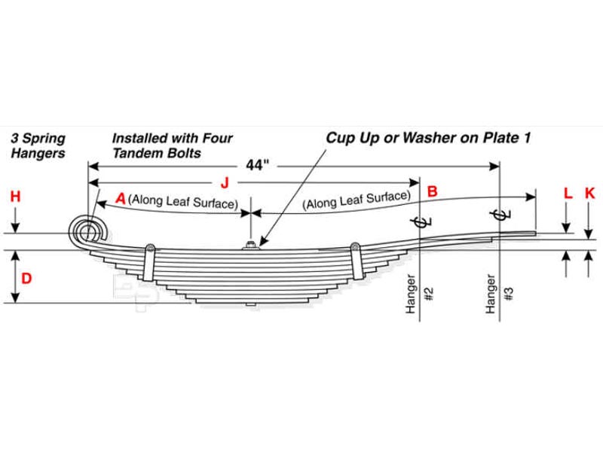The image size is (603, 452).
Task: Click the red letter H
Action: tap(15, 197)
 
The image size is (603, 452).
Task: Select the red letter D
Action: tap(26, 278)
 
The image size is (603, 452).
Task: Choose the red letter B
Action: tap(432, 191)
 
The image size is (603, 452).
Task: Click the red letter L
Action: tap(568, 193)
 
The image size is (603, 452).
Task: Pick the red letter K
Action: tap(589, 193)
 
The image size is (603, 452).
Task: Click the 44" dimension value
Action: tap(257, 165)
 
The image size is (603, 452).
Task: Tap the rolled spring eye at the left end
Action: tap(88, 230)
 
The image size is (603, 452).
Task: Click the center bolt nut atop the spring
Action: tap(250, 244)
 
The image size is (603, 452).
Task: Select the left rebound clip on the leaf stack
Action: tap(150, 260)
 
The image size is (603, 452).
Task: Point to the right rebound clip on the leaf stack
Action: tap(355, 258)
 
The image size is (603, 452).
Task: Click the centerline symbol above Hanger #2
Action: tap(420, 221)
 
